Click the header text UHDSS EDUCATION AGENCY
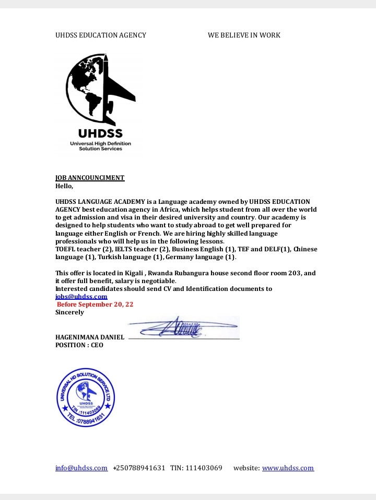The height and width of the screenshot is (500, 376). pos(101,35)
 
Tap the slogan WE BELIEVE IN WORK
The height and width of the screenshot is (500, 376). pos(244,35)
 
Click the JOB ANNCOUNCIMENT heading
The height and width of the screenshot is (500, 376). pos(90,178)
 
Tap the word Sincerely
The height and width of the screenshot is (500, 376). pos(69,312)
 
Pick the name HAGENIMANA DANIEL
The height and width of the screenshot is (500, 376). pos(90,337)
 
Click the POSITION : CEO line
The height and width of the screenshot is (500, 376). pos(79,345)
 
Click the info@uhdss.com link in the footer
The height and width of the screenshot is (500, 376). pos(81,468)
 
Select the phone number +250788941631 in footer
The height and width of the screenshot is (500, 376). pos(139,468)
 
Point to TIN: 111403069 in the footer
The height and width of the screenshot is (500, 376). pos(196,468)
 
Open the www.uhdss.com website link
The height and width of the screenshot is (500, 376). pos(288,468)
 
